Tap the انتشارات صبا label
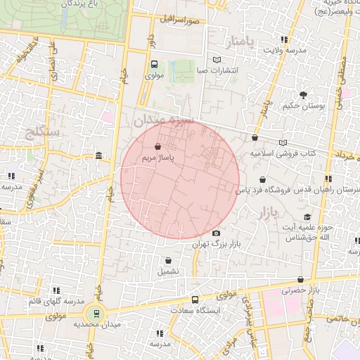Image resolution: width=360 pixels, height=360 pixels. coord(218,70)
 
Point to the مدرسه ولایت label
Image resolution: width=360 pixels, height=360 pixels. coord(285,51)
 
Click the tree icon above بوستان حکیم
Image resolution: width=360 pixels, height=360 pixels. coord(303,94)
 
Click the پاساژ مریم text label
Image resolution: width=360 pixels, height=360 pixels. coord(157,158)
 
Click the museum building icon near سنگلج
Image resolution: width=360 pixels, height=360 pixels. coord(97,155)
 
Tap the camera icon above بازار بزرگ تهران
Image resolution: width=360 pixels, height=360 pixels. coord(216,233)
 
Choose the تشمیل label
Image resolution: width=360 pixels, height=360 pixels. coord(168,271)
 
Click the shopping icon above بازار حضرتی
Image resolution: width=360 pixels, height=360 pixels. coord(301,279)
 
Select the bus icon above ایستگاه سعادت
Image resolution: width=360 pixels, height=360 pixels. coord(195,300)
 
